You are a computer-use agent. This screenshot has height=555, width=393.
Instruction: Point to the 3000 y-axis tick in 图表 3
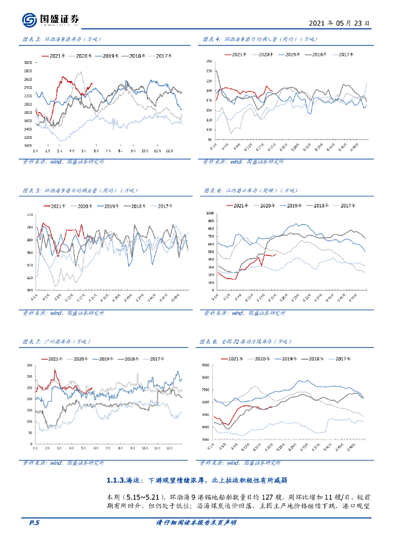(x=27, y=63)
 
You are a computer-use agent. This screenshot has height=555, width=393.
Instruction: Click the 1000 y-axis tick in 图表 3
(x=27, y=146)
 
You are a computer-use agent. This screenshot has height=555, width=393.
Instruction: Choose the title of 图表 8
(x=245, y=341)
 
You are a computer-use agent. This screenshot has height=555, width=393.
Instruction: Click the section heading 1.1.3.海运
(x=196, y=480)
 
